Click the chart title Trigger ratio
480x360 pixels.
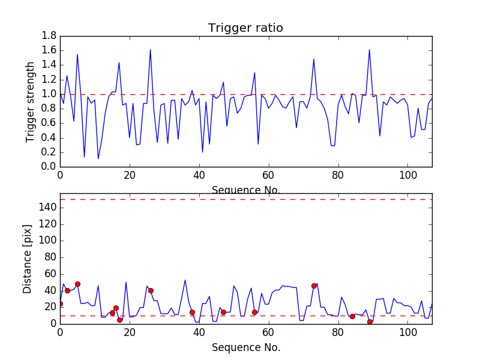(x=245, y=28)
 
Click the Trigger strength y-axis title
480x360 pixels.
(x=31, y=101)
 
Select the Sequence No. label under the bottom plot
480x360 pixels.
(x=245, y=347)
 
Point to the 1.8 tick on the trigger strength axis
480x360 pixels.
(x=49, y=36)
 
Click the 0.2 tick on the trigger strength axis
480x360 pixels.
(x=49, y=152)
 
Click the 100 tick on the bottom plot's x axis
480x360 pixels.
(x=408, y=332)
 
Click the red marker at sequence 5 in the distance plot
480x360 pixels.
(x=77, y=284)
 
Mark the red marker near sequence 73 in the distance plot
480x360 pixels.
(x=314, y=286)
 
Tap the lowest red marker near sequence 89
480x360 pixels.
(x=370, y=322)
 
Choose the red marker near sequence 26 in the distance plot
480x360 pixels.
(x=151, y=290)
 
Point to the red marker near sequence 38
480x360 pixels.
(x=192, y=312)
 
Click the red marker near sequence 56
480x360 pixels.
(x=254, y=312)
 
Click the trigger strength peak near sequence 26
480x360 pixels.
(x=150, y=50)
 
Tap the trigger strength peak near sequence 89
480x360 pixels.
(x=369, y=50)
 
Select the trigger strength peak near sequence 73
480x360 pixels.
(x=314, y=59)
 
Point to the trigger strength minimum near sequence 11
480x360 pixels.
(x=98, y=158)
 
